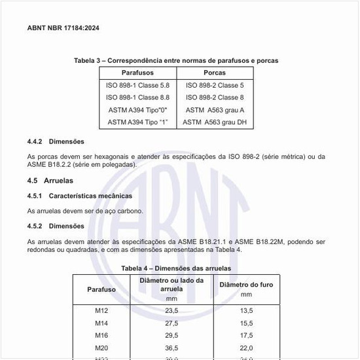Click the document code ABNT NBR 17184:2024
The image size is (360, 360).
pyautogui.click(x=63, y=28)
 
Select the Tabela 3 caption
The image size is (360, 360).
pyautogui.click(x=176, y=60)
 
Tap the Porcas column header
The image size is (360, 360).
pyautogui.click(x=215, y=73)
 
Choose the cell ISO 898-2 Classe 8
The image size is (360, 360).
pyautogui.click(x=215, y=97)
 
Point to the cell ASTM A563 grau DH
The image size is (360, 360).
pyautogui.click(x=215, y=122)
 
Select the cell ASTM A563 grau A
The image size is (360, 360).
pyautogui.click(x=215, y=109)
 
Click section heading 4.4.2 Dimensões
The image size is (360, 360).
pyautogui.click(x=56, y=141)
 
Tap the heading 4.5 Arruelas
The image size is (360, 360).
pyautogui.click(x=50, y=180)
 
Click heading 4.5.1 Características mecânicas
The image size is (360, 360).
pyautogui.click(x=79, y=196)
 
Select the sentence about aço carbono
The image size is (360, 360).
pyautogui.click(x=85, y=211)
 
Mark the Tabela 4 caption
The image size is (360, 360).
pyautogui.click(x=176, y=268)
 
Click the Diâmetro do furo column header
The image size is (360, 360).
pyautogui.click(x=246, y=285)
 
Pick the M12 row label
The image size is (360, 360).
pyautogui.click(x=101, y=310)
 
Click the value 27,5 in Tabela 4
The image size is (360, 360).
pyautogui.click(x=171, y=323)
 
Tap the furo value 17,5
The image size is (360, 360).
pyautogui.click(x=246, y=335)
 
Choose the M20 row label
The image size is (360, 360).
pyautogui.click(x=101, y=348)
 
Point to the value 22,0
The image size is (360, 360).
pyautogui.click(x=246, y=348)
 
